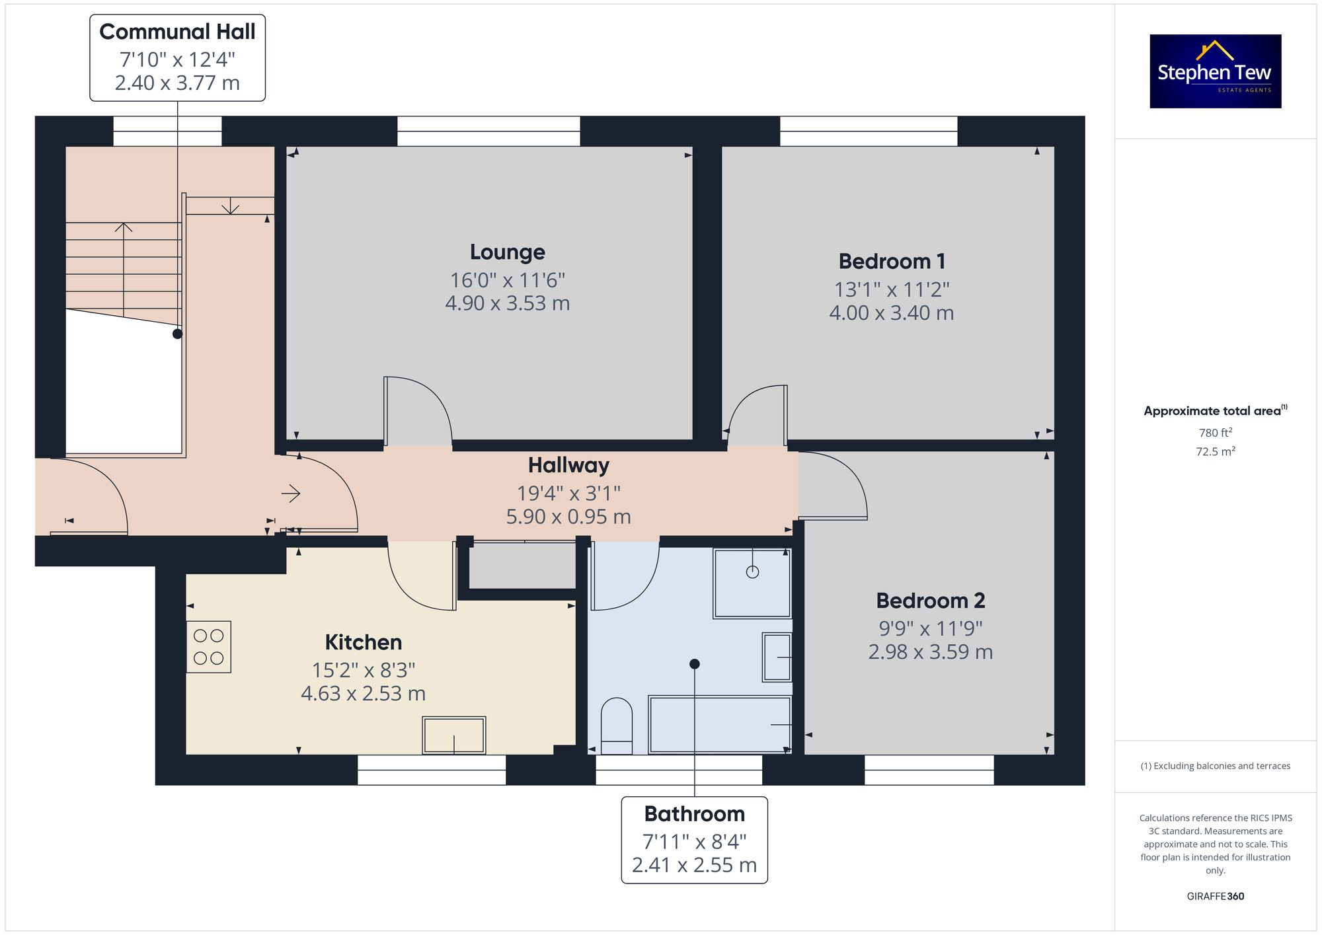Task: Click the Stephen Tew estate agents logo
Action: pyautogui.click(x=1216, y=71)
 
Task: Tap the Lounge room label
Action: pyautogui.click(x=508, y=252)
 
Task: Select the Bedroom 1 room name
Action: pyautogui.click(x=892, y=261)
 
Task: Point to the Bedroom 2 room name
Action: pyautogui.click(x=930, y=601)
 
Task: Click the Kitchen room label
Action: pyautogui.click(x=363, y=642)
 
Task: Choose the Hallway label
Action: pyautogui.click(x=568, y=465)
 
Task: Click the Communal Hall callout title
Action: pyautogui.click(x=177, y=32)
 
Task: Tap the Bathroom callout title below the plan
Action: pyautogui.click(x=695, y=813)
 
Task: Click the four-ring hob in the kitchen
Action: pyautogui.click(x=209, y=647)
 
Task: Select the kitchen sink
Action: pyautogui.click(x=454, y=735)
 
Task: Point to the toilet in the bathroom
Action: pyautogui.click(x=617, y=726)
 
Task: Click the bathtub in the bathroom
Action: pyautogui.click(x=720, y=724)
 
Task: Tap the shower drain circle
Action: pyautogui.click(x=752, y=572)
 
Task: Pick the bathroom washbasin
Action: pyautogui.click(x=777, y=657)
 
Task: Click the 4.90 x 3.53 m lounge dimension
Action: pyautogui.click(x=508, y=303)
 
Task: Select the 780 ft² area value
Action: pyautogui.click(x=1216, y=433)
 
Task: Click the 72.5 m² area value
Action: pyautogui.click(x=1216, y=451)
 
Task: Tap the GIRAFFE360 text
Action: pyautogui.click(x=1216, y=897)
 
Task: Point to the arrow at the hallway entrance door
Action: pyautogui.click(x=291, y=494)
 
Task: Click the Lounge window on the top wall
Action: pyautogui.click(x=488, y=131)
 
